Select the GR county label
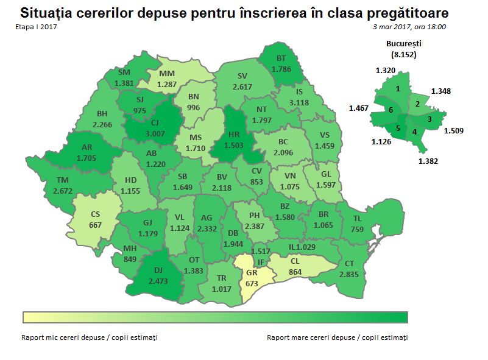click(x=252, y=274)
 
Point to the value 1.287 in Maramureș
click(x=166, y=84)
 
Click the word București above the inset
click(x=404, y=44)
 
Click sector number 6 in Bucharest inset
click(x=391, y=111)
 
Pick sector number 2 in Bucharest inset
click(x=417, y=104)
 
